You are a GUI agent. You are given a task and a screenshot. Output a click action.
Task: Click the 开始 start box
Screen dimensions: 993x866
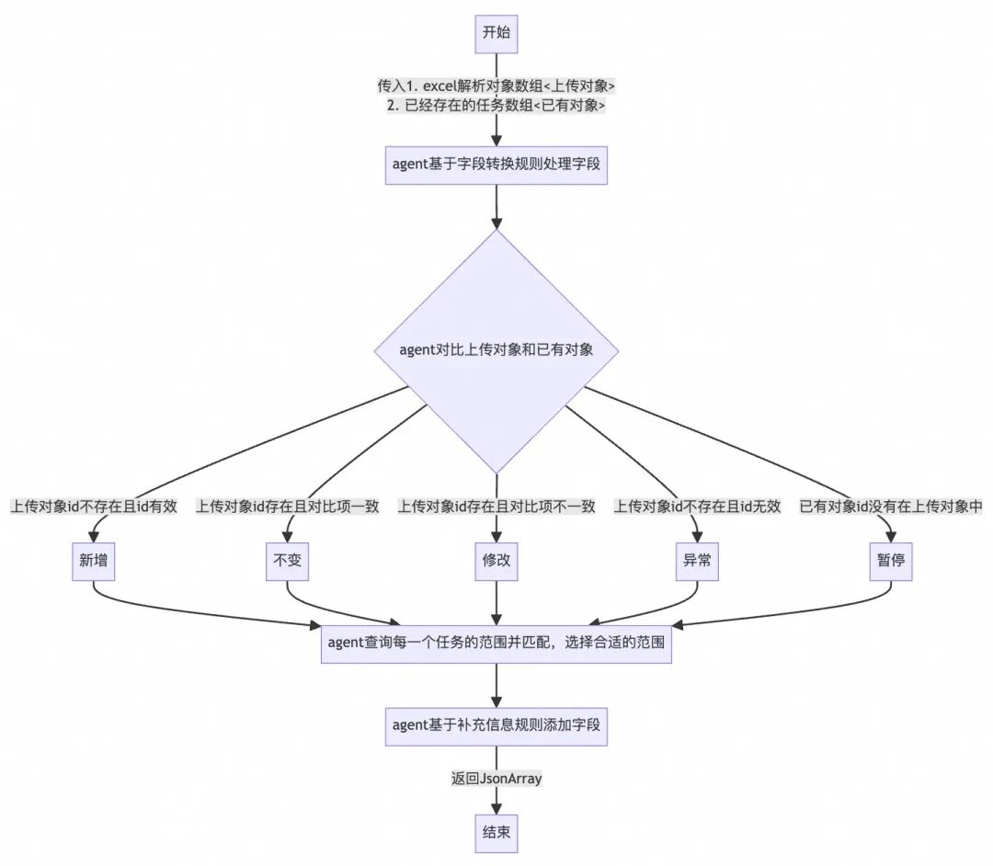496,34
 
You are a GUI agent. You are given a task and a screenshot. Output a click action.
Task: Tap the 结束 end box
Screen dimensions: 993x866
496,834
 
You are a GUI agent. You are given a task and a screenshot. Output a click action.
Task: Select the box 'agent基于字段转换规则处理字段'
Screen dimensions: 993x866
496,165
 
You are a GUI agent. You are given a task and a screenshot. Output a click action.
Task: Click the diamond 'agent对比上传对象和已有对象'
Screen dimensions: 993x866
496,350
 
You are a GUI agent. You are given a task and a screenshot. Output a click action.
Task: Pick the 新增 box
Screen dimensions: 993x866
94,562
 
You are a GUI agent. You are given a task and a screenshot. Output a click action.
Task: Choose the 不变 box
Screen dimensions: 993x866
288,562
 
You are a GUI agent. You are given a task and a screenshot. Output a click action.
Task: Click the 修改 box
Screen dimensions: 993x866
496,562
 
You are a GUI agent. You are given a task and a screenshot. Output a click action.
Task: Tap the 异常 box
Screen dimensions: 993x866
697,562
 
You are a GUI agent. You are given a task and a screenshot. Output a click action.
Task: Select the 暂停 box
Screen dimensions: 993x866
891,562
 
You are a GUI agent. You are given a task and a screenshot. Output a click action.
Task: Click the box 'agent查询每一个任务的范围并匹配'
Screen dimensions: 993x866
496,644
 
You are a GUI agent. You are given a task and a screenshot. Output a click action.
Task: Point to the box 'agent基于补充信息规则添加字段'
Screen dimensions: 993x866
496,727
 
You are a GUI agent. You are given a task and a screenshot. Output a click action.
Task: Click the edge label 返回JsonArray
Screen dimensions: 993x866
496,779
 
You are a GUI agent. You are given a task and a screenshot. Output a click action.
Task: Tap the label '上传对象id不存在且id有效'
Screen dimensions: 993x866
94,507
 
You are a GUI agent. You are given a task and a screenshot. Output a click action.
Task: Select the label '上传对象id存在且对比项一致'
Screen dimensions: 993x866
288,507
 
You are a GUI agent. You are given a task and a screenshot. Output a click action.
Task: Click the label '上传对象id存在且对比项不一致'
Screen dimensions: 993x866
496,507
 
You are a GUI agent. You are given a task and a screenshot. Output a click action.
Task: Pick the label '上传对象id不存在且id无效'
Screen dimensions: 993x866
697,507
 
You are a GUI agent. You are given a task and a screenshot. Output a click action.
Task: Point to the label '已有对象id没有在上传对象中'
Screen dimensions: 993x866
891,507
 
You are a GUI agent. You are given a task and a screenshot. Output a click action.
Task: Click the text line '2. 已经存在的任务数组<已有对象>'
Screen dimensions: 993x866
496,105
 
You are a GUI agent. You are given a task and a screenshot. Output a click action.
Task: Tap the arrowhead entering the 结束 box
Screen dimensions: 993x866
496,808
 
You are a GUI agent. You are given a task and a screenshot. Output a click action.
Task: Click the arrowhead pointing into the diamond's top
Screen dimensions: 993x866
496,222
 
